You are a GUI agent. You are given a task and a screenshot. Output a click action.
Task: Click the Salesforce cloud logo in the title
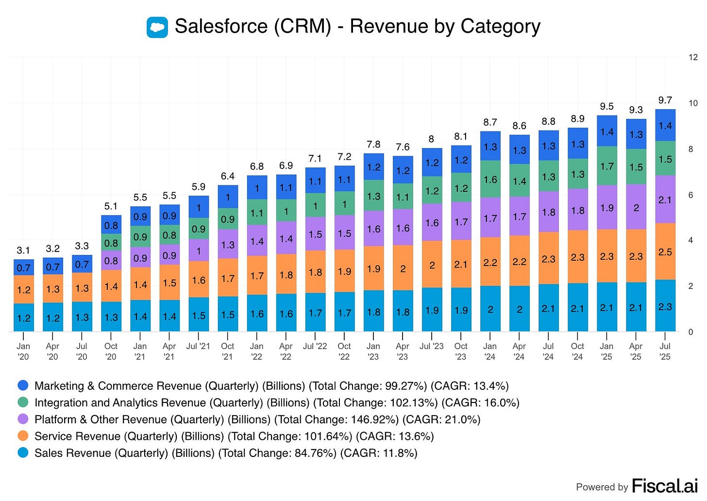(x=157, y=27)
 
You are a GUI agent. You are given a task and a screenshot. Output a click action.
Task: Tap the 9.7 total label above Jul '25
(x=665, y=100)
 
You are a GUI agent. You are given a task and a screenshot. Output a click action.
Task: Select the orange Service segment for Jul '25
(x=665, y=251)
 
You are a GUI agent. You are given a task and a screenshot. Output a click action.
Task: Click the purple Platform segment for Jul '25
(x=665, y=200)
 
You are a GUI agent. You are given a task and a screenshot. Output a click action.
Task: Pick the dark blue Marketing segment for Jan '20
(x=23, y=267)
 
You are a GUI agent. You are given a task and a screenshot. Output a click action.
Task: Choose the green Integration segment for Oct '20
(x=111, y=243)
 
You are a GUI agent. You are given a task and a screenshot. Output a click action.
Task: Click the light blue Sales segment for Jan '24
(x=490, y=309)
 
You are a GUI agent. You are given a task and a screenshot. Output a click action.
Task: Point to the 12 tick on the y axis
(x=693, y=57)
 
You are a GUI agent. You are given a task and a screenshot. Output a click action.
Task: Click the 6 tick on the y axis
(x=690, y=195)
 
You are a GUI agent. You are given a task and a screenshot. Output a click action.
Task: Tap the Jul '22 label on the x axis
(x=315, y=346)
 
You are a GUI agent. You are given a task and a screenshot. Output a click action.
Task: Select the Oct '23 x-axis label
(x=461, y=351)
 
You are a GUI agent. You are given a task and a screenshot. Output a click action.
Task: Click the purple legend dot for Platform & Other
(x=23, y=419)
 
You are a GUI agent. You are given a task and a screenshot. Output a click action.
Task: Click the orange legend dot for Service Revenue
(x=23, y=436)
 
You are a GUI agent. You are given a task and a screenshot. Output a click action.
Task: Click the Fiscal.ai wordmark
(x=664, y=485)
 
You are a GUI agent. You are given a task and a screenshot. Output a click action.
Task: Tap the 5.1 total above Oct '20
(x=111, y=206)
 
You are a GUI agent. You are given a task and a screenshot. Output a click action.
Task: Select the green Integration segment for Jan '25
(x=606, y=166)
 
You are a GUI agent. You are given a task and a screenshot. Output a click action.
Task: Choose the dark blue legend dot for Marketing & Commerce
(x=23, y=385)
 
